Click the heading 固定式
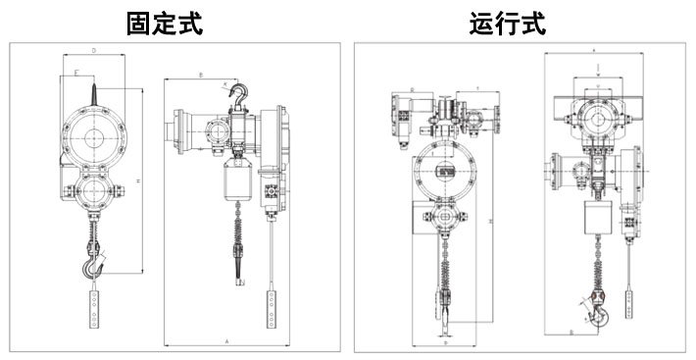pos(165,23)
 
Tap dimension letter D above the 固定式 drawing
pos(93,48)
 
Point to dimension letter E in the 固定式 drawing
pos(77,73)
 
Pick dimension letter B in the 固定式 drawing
pos(200,74)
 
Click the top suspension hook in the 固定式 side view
pos(237,95)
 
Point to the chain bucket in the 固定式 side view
pos(238,181)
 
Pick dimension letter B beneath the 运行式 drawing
pos(572,333)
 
